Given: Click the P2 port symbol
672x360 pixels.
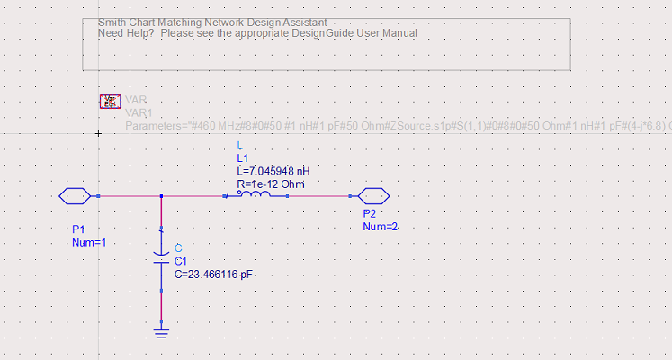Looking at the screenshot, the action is click(x=372, y=195).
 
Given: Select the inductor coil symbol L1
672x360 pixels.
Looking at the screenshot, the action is click(x=255, y=194).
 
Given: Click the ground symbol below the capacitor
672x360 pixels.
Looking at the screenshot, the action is click(x=161, y=334).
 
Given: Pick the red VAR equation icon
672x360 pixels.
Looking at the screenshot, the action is click(x=110, y=102).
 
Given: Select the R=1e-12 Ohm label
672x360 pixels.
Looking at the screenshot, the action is click(x=271, y=184).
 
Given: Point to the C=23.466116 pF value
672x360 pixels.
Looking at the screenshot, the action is click(x=214, y=274).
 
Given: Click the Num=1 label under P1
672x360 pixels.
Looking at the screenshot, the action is click(x=89, y=243).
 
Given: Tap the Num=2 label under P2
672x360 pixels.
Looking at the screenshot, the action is click(x=380, y=227).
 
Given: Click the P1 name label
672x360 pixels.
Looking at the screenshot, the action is click(x=79, y=229).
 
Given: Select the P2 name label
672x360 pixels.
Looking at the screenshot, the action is click(x=370, y=214).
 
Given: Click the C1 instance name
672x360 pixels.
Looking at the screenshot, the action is click(x=181, y=260).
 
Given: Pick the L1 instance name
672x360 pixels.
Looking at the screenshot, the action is click(x=242, y=157).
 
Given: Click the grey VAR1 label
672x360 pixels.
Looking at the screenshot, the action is click(x=139, y=113).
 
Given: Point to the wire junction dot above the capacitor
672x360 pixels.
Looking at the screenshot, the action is click(x=161, y=195).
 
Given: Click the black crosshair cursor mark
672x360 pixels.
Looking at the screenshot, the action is click(x=98, y=133).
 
